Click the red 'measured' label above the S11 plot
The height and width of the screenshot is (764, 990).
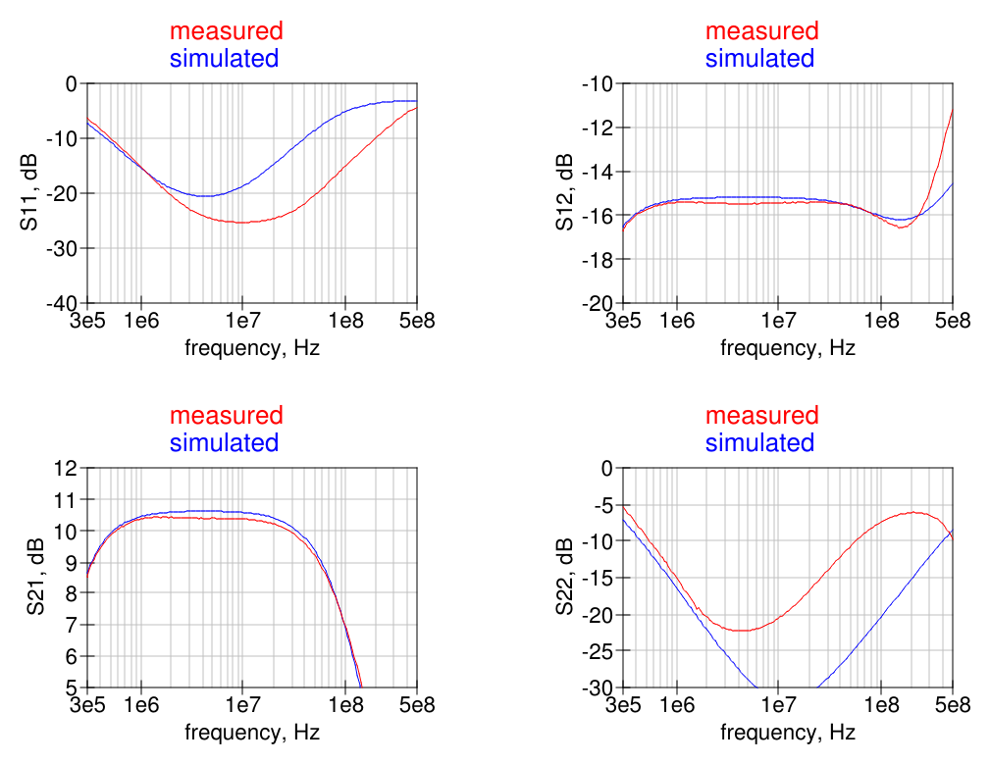coord(226,31)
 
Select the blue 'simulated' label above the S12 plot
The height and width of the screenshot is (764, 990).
coord(759,58)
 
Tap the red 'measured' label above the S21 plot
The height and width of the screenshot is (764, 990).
coord(226,416)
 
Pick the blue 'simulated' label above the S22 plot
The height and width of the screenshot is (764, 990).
coord(759,442)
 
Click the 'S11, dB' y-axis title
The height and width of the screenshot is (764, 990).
coord(28,193)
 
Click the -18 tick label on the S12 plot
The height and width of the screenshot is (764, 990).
coord(598,259)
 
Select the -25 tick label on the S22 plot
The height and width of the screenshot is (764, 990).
coord(598,651)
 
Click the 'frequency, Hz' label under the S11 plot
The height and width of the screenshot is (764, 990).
coord(252,347)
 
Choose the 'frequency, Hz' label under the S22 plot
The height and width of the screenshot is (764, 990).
coord(788,732)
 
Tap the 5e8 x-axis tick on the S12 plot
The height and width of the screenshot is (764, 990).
coord(952,322)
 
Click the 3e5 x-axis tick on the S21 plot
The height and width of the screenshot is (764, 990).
coord(87,706)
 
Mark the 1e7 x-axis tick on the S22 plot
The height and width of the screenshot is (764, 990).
coord(778,706)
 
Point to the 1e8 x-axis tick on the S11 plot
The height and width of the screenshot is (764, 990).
coord(345,322)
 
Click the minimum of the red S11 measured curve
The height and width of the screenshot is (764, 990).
coord(240,223)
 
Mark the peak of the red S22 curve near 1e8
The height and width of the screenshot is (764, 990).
coord(913,512)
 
